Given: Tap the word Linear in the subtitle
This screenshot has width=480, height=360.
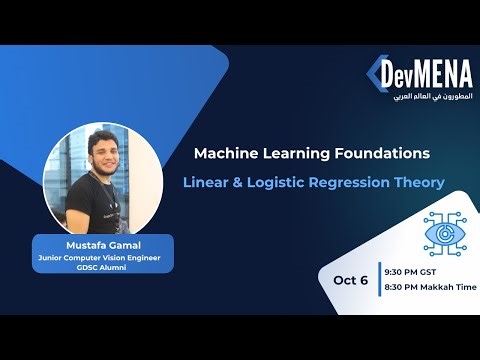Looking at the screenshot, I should click(206, 184).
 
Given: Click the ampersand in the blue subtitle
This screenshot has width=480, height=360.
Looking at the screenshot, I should click(241, 184).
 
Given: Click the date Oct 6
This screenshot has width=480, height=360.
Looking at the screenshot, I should click(350, 279).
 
